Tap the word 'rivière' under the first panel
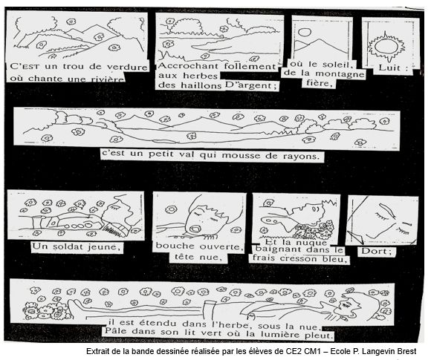point(109,79)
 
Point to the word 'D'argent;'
point(250,85)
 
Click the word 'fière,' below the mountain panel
point(319,83)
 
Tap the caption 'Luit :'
point(393,68)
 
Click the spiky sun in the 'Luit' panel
point(386,47)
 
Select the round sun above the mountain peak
point(304,33)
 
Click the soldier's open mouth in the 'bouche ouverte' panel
point(196,229)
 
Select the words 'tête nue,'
point(198,257)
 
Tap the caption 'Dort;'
point(376,251)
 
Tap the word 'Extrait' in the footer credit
point(96,351)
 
